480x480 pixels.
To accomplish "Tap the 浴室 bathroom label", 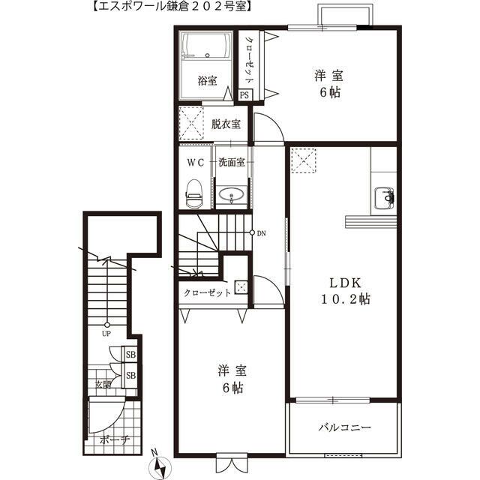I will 207,79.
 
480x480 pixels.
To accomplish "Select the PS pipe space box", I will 244,94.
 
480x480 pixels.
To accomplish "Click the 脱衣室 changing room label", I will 225,124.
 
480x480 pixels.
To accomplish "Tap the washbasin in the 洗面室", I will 230,196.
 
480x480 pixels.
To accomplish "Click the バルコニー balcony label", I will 345,428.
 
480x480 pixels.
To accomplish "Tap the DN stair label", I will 261,233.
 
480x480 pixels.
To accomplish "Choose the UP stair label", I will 107,334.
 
